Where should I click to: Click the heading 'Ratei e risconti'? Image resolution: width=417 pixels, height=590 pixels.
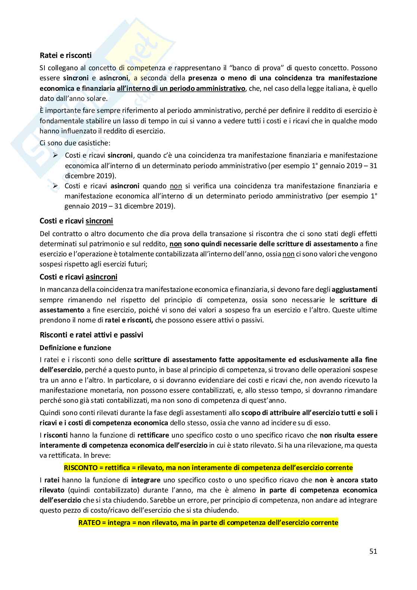(x=65, y=55)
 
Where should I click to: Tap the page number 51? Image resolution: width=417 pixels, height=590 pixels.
(x=373, y=551)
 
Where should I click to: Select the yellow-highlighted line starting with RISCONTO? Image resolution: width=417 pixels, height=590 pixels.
(x=208, y=467)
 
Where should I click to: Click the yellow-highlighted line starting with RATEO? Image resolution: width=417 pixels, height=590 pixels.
(x=208, y=522)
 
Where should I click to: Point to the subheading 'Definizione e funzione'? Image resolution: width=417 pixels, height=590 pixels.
(x=75, y=347)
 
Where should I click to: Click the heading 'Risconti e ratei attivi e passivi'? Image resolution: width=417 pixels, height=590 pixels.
(x=91, y=335)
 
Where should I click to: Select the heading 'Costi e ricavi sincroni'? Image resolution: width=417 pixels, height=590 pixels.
(x=76, y=221)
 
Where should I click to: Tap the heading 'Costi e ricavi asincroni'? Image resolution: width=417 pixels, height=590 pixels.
(x=78, y=277)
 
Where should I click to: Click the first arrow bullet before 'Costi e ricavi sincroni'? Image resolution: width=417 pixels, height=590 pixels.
(x=56, y=155)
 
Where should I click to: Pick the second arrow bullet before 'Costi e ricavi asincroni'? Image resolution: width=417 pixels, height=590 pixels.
(x=56, y=186)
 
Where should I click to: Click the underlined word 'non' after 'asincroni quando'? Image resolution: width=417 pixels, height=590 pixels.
(x=176, y=186)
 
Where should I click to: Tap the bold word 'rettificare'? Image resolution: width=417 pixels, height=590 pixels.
(x=153, y=435)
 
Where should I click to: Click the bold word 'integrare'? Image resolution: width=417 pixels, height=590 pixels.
(x=146, y=480)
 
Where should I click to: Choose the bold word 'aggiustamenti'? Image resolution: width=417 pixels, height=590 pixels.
(x=354, y=289)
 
